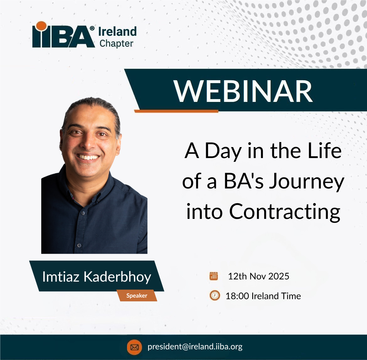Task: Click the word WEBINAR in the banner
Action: [243, 91]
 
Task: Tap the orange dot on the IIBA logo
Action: [41, 26]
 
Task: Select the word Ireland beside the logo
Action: [117, 32]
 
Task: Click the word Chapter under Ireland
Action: [116, 44]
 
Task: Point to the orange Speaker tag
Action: [137, 295]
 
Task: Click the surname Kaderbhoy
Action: [117, 277]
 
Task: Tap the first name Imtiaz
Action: [61, 277]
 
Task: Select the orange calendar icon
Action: [214, 276]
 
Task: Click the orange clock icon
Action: [215, 295]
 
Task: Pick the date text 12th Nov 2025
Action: [259, 276]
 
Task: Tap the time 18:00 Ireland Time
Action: [263, 296]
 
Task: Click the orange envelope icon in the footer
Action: [134, 347]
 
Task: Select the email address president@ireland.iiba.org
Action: [195, 347]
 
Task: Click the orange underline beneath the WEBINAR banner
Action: [176, 111]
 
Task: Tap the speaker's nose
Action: [88, 143]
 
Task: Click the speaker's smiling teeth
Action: [88, 157]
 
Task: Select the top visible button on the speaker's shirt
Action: [82, 213]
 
